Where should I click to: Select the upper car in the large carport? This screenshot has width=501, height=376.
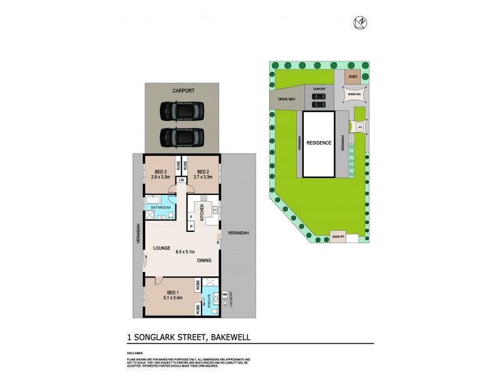click(x=182, y=112)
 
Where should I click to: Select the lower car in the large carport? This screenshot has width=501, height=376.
click(x=182, y=135)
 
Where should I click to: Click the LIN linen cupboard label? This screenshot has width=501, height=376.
click(x=182, y=180)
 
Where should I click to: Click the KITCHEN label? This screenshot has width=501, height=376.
click(x=202, y=212)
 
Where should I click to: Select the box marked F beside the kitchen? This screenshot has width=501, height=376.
click(x=190, y=216)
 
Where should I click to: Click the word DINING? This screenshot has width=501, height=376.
click(x=204, y=260)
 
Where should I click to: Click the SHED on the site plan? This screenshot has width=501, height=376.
click(x=353, y=77)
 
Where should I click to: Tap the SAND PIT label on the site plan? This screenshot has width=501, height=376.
click(x=338, y=237)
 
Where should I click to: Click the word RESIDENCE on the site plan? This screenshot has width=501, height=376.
click(x=319, y=143)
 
